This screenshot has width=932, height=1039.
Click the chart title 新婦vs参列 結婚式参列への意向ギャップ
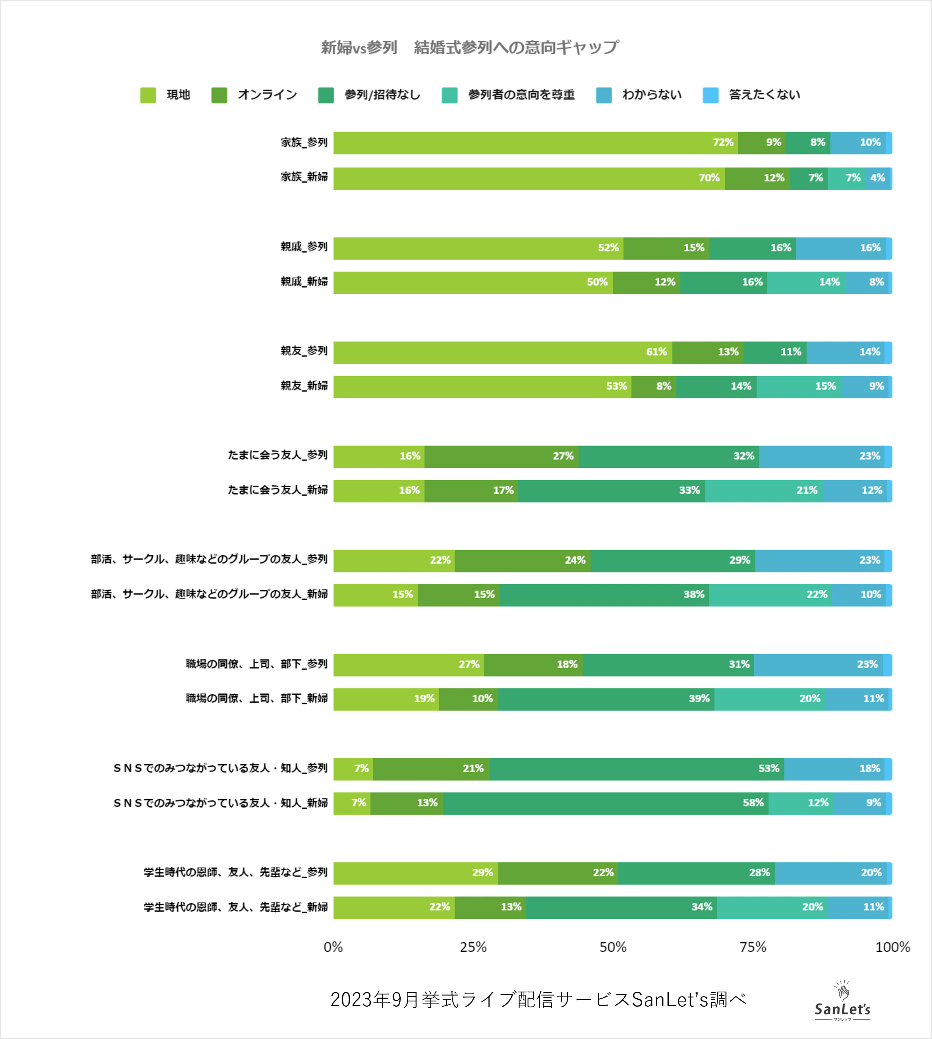[469, 48]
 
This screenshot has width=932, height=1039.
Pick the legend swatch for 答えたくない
[710, 95]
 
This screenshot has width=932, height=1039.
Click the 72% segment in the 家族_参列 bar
[535, 143]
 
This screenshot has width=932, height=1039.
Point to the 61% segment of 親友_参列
[503, 352]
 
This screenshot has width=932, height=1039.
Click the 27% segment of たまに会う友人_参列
[501, 456]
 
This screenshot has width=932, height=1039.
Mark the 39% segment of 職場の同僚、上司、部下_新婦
[606, 699]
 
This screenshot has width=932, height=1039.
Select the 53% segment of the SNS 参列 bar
[636, 769]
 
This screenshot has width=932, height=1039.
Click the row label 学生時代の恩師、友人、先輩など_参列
[235, 872]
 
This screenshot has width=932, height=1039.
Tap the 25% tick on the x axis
[473, 947]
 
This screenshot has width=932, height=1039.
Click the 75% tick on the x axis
[753, 947]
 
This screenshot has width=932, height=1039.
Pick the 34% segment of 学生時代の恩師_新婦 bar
[621, 908]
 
